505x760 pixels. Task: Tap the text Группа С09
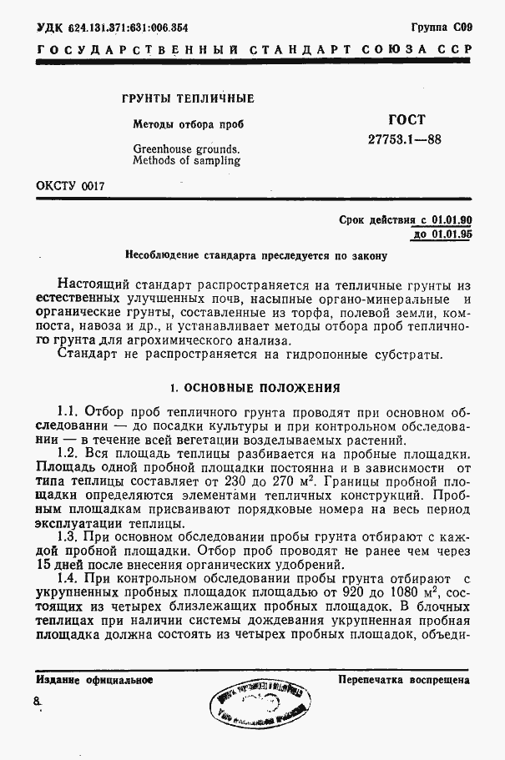pyautogui.click(x=442, y=27)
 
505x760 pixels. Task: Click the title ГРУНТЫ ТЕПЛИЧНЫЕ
pyautogui.click(x=188, y=98)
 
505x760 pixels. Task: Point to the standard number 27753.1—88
pyautogui.click(x=405, y=139)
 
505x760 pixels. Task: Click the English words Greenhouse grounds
pyautogui.click(x=186, y=149)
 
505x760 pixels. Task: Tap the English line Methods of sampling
pyautogui.click(x=186, y=161)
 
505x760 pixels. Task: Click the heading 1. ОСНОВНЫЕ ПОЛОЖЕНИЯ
pyautogui.click(x=254, y=387)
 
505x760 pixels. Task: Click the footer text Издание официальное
pyautogui.click(x=94, y=680)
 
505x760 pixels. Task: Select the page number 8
pyautogui.click(x=36, y=703)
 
